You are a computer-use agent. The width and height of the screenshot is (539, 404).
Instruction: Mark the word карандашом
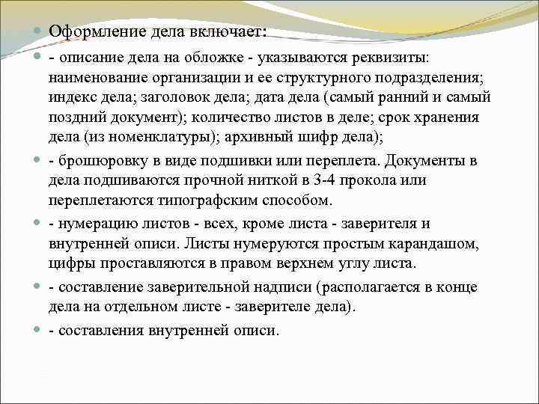pyautogui.click(x=430, y=243)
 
